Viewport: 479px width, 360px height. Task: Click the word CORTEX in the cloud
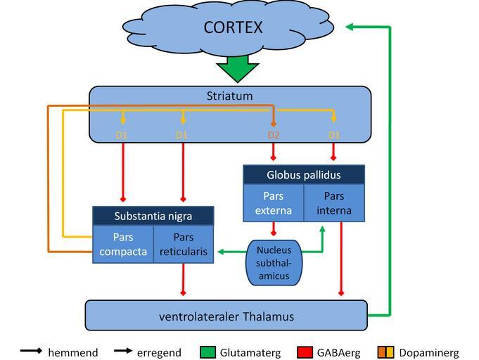tap(233, 27)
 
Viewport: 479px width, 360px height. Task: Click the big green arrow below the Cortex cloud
tap(237, 68)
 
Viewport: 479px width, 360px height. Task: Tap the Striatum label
tap(229, 96)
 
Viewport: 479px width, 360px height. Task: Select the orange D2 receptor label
tap(274, 134)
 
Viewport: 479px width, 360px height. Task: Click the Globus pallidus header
tap(303, 174)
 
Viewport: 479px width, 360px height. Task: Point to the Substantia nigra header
tap(153, 215)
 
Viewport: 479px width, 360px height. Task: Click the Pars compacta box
tap(123, 244)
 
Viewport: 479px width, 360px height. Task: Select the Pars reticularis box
tap(183, 244)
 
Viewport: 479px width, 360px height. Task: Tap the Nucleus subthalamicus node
tap(273, 262)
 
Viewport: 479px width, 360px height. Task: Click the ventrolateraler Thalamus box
tap(226, 316)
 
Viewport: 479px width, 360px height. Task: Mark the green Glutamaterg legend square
tap(207, 352)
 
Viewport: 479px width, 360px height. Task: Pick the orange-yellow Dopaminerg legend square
tap(387, 352)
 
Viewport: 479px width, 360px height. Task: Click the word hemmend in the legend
tap(72, 352)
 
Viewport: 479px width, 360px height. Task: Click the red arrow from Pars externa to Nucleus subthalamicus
tap(273, 231)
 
